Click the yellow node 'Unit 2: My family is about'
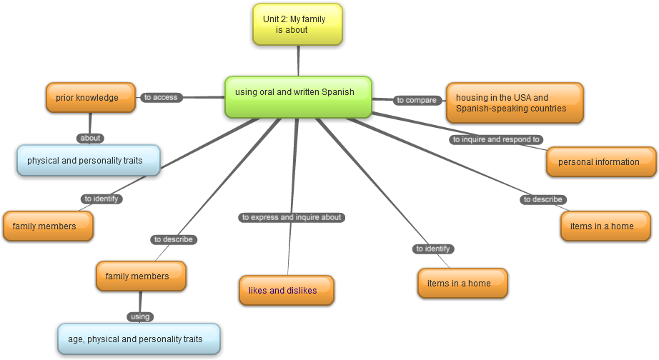pos(297,24)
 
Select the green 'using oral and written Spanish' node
pos(298,96)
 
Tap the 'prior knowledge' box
pos(90,98)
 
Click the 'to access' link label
pos(161,97)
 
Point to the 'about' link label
pos(91,138)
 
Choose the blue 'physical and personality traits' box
pos(89,161)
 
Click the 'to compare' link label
pos(417,100)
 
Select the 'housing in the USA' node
pos(515,103)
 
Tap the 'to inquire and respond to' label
pos(497,139)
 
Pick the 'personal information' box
pos(601,162)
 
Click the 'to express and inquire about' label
pos(292,217)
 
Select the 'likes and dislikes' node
pos(287,290)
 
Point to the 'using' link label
pos(140,316)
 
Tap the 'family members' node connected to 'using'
pos(141,276)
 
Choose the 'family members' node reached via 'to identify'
pos(49,226)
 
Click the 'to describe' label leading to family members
pos(174,239)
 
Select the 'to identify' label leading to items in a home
pos(433,249)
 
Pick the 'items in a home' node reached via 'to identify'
pos(462,283)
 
